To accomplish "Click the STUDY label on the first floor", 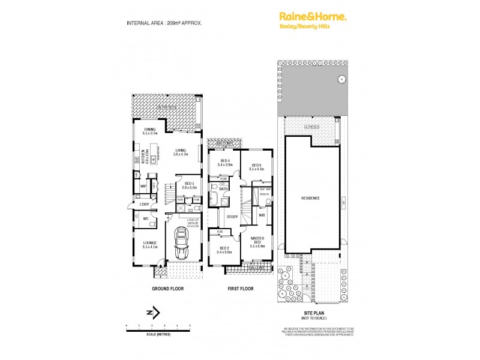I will tap(232, 217).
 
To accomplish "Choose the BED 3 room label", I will tap(256, 167).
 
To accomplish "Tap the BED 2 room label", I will tap(224, 250).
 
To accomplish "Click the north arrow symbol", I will tap(154, 312).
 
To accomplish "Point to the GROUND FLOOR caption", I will tap(167, 289).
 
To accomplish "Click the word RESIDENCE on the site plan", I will tap(310, 198).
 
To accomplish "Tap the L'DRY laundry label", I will tap(143, 205).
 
